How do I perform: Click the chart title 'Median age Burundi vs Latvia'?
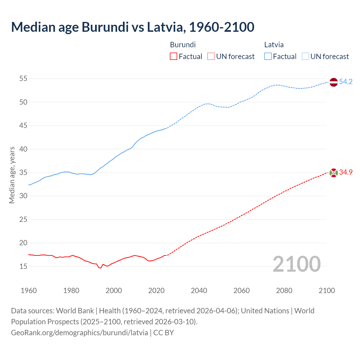point(132,27)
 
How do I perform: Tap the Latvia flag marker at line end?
point(333,82)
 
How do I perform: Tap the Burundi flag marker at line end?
point(333,173)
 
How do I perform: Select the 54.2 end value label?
point(346,82)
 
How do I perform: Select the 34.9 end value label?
point(346,172)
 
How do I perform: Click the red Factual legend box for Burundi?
point(174,57)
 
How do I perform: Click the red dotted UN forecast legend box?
point(211,57)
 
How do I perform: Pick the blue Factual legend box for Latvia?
point(268,57)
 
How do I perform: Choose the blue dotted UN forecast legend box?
point(305,57)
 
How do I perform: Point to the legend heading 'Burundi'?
point(183,45)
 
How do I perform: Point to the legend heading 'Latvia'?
point(274,45)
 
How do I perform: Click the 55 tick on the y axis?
point(23,79)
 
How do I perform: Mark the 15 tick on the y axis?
point(23,266)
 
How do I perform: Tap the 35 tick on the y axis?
point(23,172)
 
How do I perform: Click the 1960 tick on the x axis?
point(29,291)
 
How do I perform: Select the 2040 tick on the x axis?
point(199,291)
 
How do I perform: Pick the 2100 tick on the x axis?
point(327,291)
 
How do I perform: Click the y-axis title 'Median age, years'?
point(12,175)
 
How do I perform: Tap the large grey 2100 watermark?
point(296,264)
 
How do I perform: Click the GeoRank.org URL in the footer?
point(80,333)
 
